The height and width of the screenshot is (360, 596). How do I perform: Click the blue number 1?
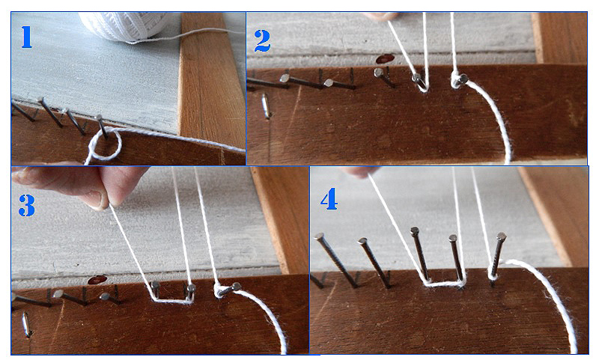[26, 37]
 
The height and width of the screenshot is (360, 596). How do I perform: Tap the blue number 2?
[262, 41]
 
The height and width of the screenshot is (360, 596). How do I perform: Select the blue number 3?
[27, 206]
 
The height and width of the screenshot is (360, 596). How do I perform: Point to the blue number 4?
[329, 198]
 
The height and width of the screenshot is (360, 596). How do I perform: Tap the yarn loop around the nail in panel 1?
[106, 144]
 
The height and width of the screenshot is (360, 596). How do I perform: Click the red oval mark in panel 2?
[385, 59]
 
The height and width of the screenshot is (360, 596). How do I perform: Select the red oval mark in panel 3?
[97, 280]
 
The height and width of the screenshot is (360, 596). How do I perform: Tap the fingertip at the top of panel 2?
[380, 16]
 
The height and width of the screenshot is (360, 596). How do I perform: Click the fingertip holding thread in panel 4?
[359, 172]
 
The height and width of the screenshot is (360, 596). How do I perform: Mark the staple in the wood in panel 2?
[266, 106]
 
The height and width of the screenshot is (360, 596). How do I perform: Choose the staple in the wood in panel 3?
[26, 324]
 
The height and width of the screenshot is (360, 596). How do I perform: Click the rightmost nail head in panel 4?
[502, 237]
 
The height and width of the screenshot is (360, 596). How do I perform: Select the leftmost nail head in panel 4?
[318, 237]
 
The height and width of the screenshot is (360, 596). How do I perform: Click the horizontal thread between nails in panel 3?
[172, 301]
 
